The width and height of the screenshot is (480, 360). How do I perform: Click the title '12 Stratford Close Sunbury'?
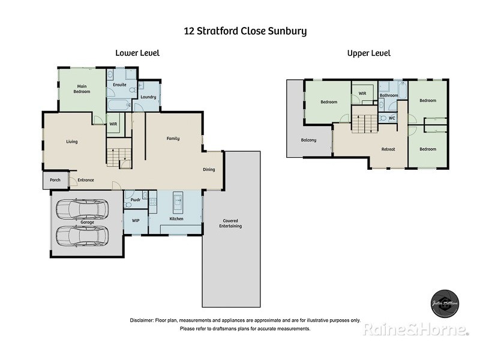(245, 30)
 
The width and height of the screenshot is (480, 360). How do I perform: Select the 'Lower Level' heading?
(137, 53)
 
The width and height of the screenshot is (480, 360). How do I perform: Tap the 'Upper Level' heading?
(368, 53)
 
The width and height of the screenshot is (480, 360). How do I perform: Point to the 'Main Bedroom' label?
(82, 89)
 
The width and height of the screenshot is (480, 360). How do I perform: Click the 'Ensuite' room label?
(119, 85)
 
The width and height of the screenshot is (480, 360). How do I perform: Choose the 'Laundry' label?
(148, 97)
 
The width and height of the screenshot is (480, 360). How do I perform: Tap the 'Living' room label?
(71, 142)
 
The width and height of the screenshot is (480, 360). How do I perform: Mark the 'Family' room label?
(173, 139)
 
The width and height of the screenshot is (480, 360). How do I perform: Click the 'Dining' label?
(209, 170)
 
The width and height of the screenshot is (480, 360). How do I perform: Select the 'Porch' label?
(55, 180)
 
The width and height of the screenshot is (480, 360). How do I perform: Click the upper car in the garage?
(82, 209)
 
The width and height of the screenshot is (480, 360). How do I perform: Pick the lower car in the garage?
(82, 235)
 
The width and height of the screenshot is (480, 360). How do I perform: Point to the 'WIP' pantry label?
(136, 221)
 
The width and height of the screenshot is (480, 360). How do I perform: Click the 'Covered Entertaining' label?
(231, 223)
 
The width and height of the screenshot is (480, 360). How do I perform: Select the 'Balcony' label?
(309, 141)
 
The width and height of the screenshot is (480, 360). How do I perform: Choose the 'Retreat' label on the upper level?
(388, 149)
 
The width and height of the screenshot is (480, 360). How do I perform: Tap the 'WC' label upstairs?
(392, 118)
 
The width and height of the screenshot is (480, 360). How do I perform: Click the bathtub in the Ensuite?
(119, 106)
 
